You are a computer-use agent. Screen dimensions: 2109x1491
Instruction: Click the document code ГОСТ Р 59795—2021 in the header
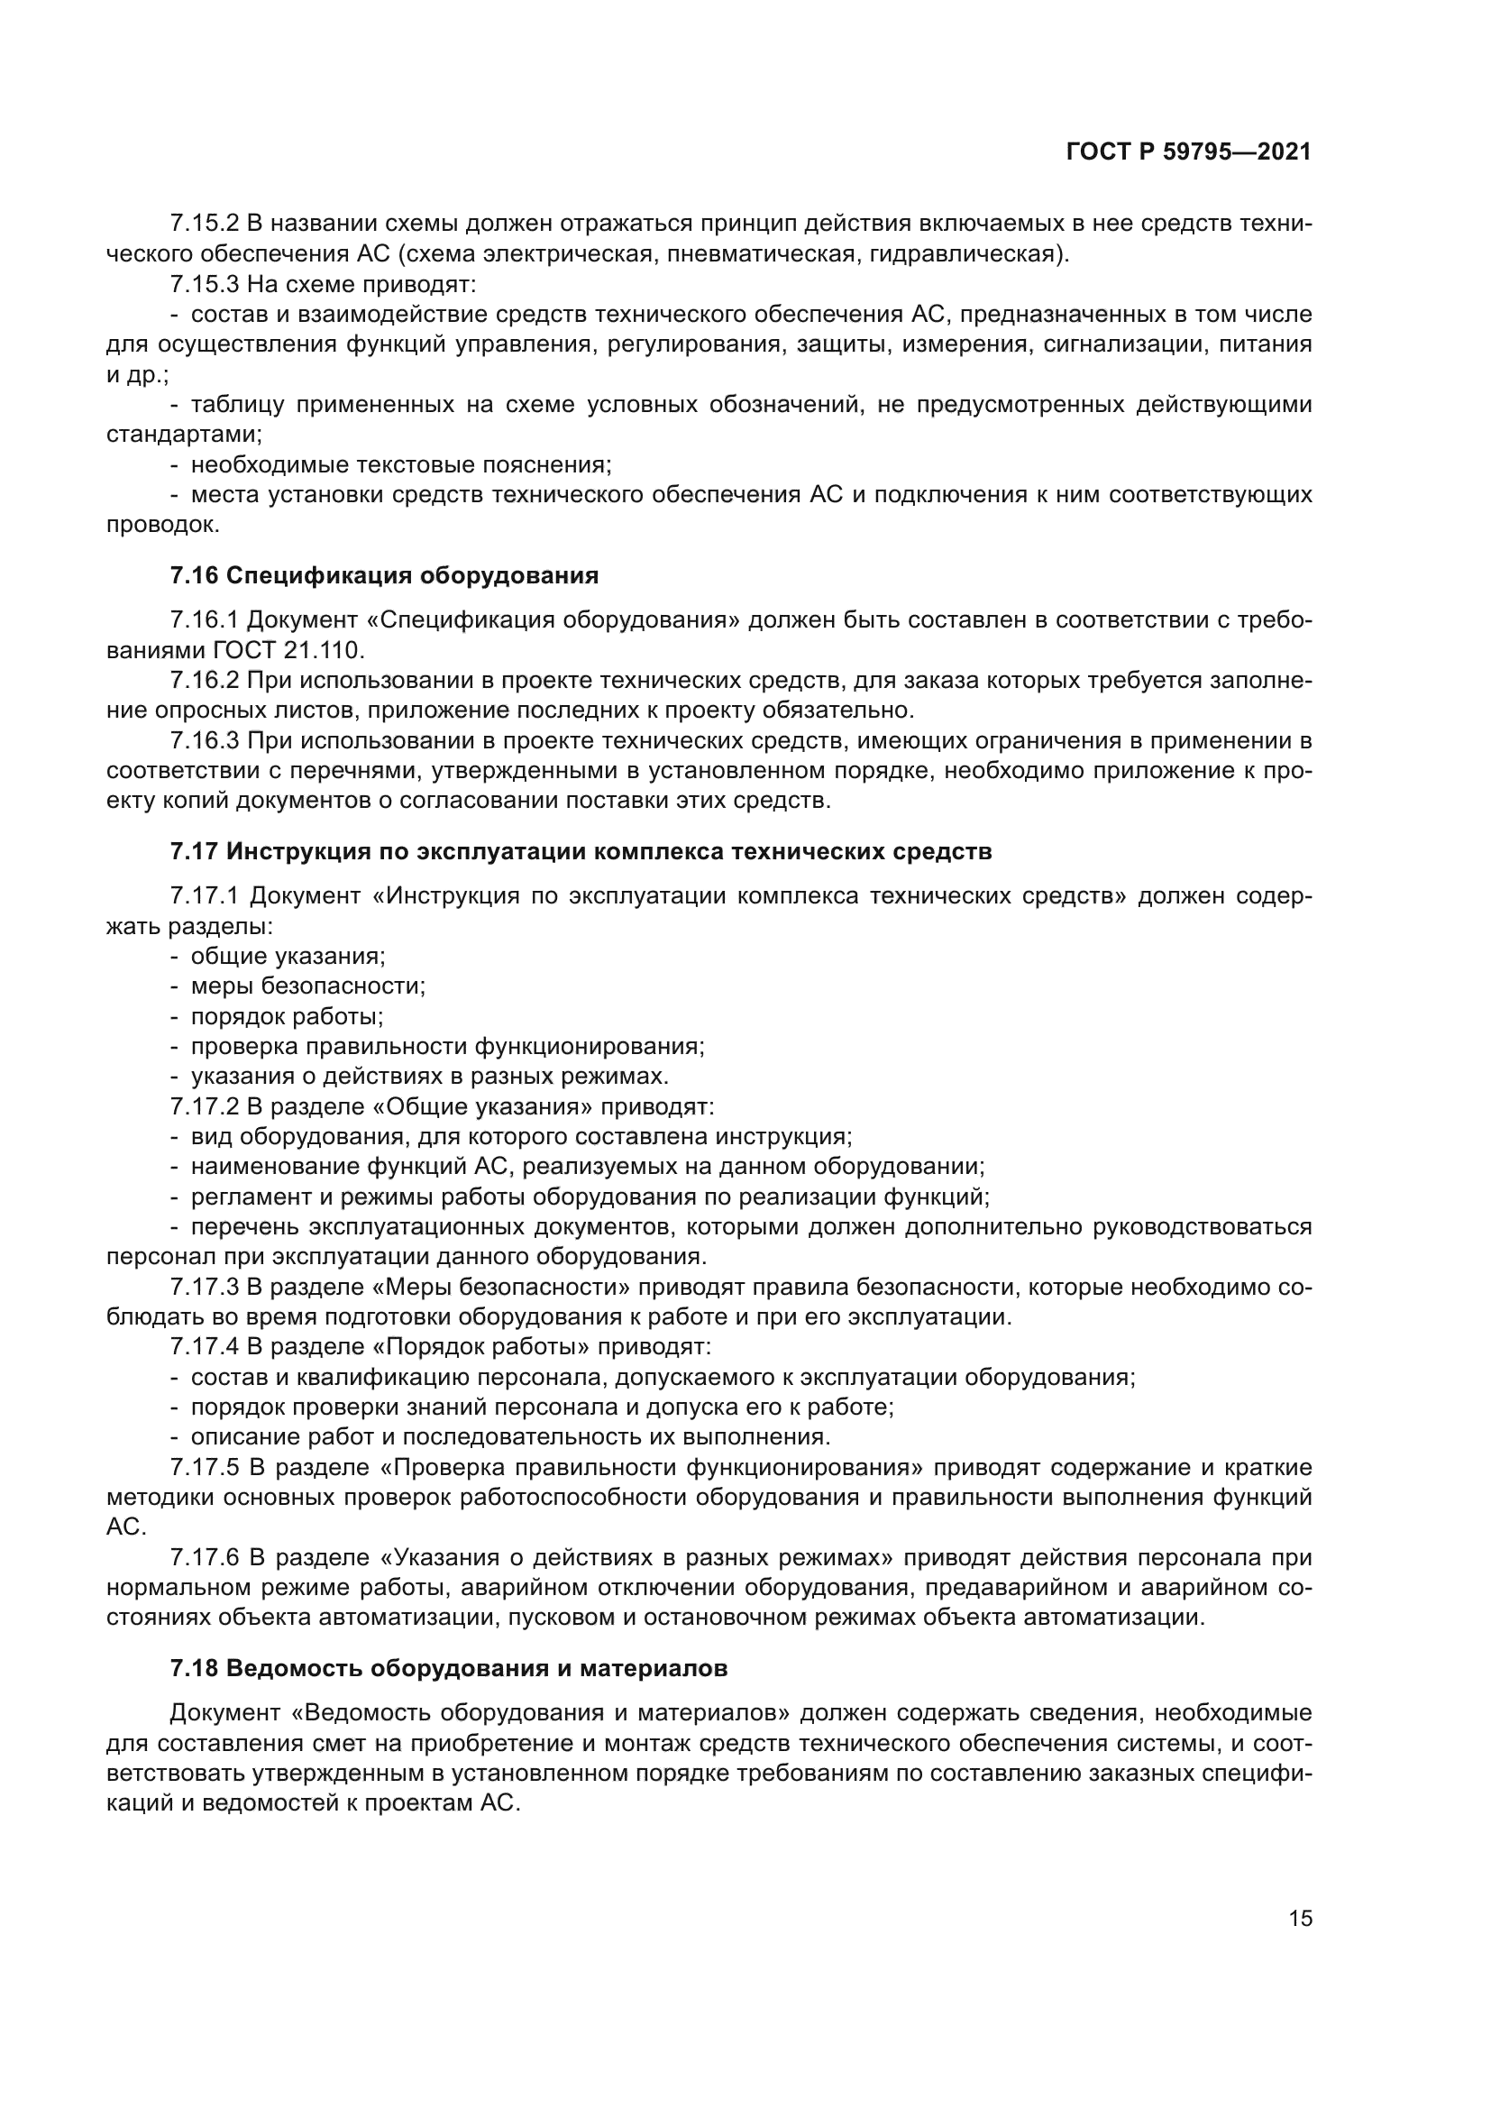coord(1188,151)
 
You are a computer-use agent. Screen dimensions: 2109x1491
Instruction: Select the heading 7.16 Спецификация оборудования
coord(384,576)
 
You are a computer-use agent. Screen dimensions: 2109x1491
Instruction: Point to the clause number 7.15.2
coord(204,225)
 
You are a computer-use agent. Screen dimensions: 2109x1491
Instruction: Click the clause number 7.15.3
coord(204,284)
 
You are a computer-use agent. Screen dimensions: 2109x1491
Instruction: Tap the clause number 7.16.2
coord(204,681)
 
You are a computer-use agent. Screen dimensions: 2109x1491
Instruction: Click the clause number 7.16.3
coord(204,740)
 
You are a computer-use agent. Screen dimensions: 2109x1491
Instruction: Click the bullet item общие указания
coord(288,956)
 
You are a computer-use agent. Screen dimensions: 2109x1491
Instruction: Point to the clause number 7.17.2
coord(204,1107)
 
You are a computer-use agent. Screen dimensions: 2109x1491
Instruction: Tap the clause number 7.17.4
coord(204,1347)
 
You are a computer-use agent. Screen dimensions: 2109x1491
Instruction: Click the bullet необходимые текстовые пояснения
coord(400,464)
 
